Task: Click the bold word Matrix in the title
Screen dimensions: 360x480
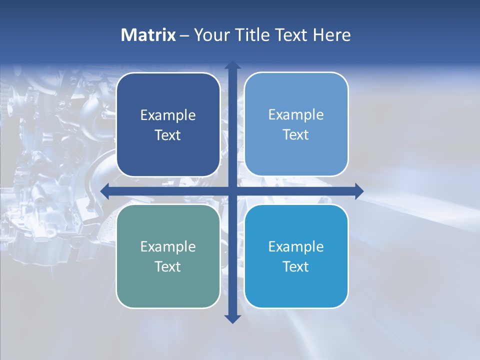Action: coord(148,35)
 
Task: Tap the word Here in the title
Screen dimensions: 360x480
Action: coord(332,35)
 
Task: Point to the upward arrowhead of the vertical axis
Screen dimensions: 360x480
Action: coord(232,65)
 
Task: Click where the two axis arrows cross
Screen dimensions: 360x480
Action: coord(232,191)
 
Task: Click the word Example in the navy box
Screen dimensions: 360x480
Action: coord(168,115)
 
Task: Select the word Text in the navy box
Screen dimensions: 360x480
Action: coord(168,135)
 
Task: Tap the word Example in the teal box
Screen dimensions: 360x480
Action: coord(168,246)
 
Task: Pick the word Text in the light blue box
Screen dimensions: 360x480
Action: coord(296,135)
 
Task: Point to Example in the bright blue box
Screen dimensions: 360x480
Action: coord(296,246)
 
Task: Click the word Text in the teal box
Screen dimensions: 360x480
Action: coord(168,266)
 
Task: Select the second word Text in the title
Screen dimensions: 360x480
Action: coord(290,35)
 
